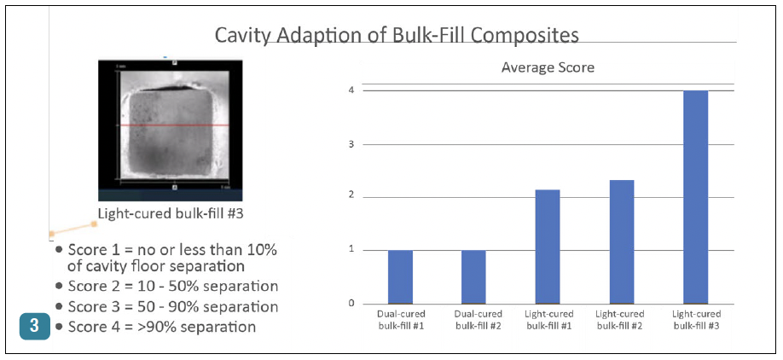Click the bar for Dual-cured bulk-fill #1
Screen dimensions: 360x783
400,276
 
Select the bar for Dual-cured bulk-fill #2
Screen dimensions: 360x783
474,276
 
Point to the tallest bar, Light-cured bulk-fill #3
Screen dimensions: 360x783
696,196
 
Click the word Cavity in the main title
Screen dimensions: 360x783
239,35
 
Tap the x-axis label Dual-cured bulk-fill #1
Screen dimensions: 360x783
400,320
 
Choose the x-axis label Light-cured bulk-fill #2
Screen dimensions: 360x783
622,320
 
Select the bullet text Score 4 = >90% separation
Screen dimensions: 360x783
162,326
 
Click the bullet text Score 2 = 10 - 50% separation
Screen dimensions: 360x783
172,285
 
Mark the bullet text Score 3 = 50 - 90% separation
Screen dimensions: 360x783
172,305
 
